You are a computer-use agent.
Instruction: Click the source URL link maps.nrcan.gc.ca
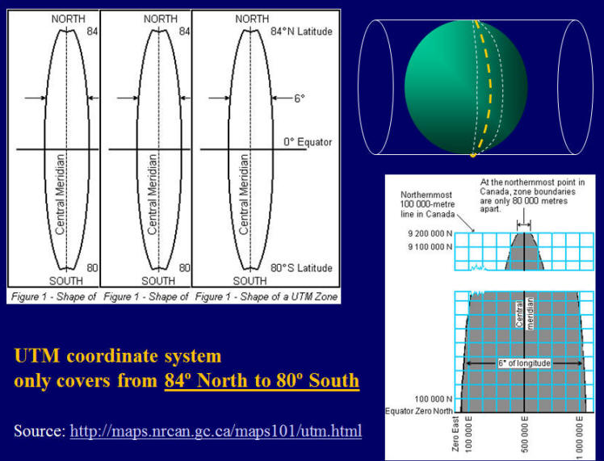(x=216, y=430)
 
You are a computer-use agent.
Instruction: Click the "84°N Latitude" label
(x=302, y=31)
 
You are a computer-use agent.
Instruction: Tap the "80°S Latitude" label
(x=302, y=268)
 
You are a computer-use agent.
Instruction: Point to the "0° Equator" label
(x=308, y=142)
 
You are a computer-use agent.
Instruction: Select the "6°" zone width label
(x=300, y=98)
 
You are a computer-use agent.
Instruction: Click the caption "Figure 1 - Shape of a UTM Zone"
(x=266, y=296)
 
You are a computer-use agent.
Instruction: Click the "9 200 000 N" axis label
(x=430, y=233)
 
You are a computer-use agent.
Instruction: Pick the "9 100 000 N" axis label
(x=430, y=246)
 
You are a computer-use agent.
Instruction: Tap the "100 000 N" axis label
(x=434, y=399)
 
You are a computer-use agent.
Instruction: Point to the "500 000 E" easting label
(x=525, y=434)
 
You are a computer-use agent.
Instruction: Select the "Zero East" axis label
(x=455, y=434)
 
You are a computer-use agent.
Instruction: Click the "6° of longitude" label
(x=524, y=363)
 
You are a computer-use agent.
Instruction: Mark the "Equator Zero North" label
(x=419, y=411)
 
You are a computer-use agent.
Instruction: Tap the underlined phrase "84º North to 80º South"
(x=262, y=380)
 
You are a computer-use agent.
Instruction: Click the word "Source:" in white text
(x=40, y=430)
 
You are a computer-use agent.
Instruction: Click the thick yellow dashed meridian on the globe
(x=487, y=86)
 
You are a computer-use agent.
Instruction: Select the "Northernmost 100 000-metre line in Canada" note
(x=428, y=204)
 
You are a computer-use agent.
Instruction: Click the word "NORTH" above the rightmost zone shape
(x=252, y=19)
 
